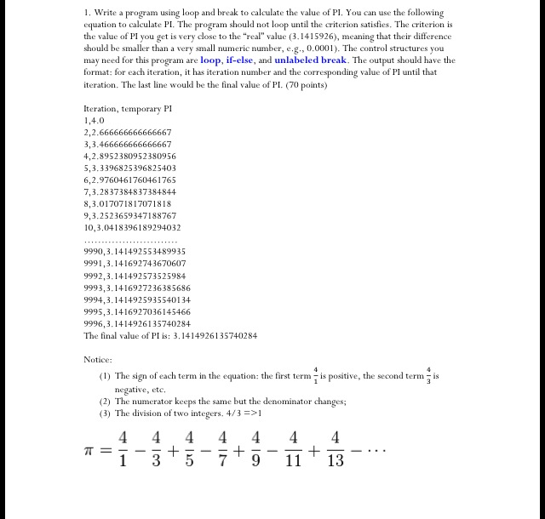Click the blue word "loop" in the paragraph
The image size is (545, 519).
click(x=211, y=60)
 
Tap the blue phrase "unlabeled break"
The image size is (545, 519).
click(x=310, y=60)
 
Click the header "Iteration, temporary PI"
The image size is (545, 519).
click(x=128, y=109)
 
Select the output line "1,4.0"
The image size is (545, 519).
click(x=95, y=121)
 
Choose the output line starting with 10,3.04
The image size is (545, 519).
click(x=132, y=228)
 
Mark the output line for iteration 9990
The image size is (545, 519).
click(x=135, y=252)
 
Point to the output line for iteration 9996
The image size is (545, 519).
click(x=137, y=323)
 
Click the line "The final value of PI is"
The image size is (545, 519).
click(x=170, y=335)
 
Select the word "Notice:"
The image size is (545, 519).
click(x=99, y=359)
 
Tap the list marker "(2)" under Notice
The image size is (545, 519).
click(x=105, y=401)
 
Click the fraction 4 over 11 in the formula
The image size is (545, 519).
click(x=294, y=450)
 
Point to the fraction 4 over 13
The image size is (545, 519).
click(x=336, y=450)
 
